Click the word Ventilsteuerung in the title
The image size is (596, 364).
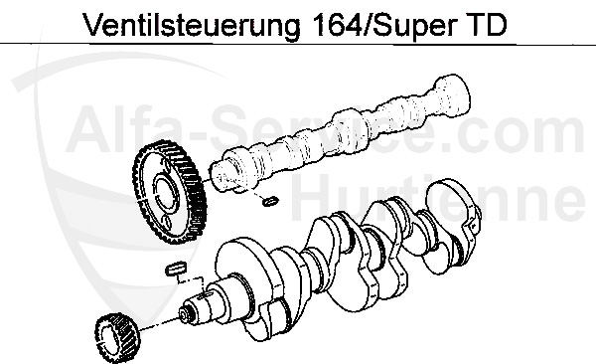click(x=191, y=25)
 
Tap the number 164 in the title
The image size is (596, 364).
click(x=336, y=24)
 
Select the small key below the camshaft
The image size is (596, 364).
click(x=270, y=201)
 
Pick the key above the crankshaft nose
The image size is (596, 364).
click(x=176, y=269)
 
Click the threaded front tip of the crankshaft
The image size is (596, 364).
click(x=185, y=314)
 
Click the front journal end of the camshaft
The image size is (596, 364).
click(x=223, y=175)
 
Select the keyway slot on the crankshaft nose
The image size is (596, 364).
click(x=208, y=294)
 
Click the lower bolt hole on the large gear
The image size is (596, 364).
click(x=165, y=221)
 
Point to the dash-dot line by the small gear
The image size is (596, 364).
click(x=160, y=324)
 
